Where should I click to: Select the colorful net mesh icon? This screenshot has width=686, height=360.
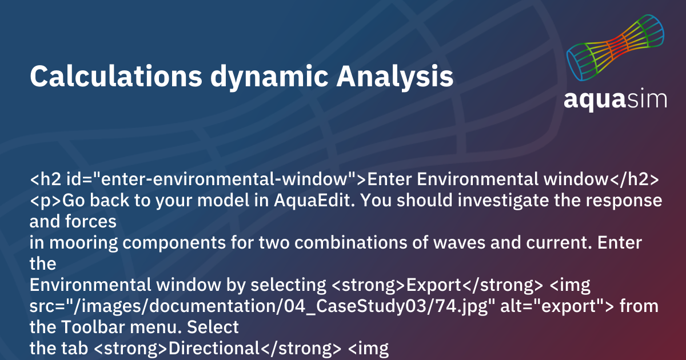tap(615, 48)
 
